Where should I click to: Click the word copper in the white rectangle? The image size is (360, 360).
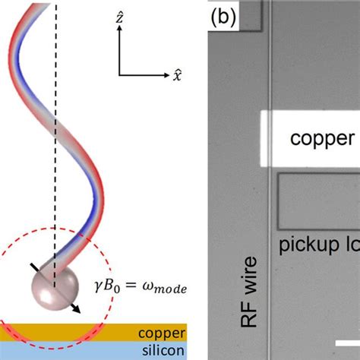click(323, 138)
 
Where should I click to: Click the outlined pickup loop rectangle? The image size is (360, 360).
click(319, 201)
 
